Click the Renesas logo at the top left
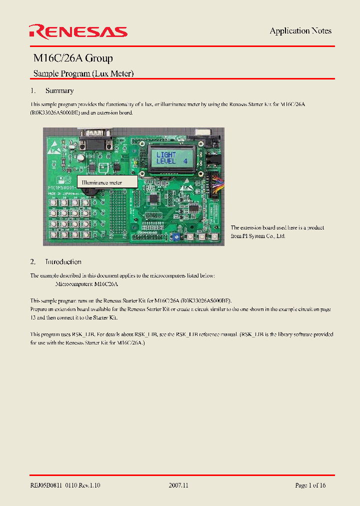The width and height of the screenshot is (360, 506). [78, 32]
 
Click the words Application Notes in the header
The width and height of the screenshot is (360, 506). [300, 31]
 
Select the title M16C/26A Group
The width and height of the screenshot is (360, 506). [73, 58]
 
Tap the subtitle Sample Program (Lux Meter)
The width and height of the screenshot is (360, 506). [83, 73]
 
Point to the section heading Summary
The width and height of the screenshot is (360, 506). [59, 91]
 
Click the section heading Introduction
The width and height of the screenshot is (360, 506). [63, 262]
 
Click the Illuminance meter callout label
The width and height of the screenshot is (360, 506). [102, 183]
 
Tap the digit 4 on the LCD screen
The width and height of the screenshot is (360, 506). [184, 161]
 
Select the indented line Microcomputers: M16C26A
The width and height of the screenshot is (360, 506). [86, 284]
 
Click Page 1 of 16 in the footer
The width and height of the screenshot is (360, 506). [310, 485]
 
